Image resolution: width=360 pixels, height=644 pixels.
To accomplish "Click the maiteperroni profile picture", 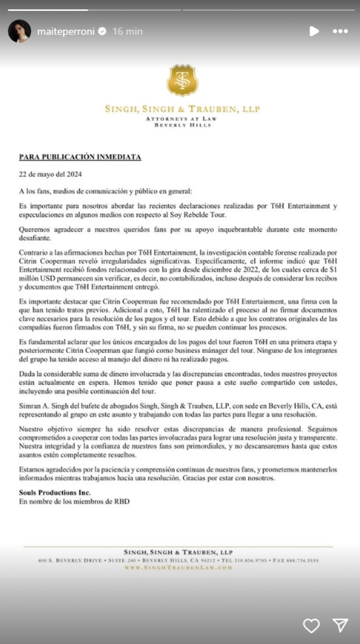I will (19, 31).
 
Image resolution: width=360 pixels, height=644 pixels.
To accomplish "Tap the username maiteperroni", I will (66, 31).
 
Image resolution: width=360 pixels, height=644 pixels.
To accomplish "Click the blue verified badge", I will (102, 31).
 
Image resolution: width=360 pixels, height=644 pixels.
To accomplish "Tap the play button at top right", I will (314, 31).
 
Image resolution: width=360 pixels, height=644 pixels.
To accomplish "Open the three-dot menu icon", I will (340, 31).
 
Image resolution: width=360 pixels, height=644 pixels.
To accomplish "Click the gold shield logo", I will (182, 81).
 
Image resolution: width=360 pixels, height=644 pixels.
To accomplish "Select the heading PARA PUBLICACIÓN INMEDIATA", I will (80, 157).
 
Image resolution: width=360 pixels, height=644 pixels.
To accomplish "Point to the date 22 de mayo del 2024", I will (50, 174).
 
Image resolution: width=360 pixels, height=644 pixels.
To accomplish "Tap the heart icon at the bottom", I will (311, 625).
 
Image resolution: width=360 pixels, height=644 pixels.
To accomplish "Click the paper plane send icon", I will (340, 625).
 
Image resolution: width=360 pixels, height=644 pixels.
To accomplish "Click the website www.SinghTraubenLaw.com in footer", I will (178, 567).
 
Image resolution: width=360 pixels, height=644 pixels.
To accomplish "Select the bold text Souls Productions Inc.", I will (54, 493).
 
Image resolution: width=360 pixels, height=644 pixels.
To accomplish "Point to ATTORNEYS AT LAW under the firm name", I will (181, 118).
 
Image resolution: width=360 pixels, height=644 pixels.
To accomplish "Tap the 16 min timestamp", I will (127, 31).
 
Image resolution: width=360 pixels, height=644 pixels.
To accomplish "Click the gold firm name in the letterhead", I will (182, 109).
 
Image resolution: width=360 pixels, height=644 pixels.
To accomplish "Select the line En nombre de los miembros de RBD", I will (74, 501).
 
